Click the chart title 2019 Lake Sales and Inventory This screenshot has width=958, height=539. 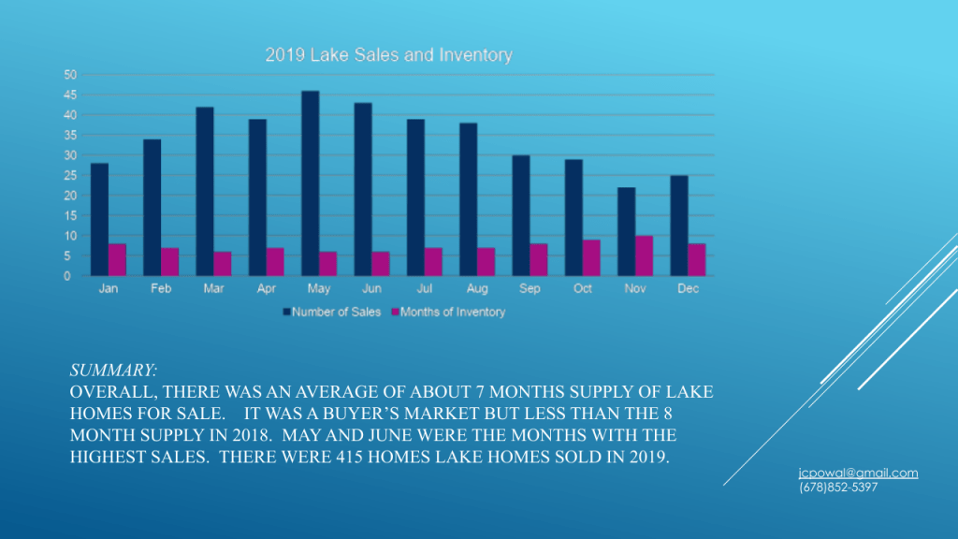[388, 55]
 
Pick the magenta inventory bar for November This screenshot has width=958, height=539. [644, 255]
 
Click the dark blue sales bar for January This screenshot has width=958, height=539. [99, 220]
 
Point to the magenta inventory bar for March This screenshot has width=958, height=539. [223, 264]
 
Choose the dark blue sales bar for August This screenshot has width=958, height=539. [468, 199]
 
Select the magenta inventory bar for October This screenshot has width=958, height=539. [591, 257]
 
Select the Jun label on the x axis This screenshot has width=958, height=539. [370, 289]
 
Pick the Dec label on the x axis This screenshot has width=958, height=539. [688, 289]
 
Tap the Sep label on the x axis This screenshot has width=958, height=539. [530, 289]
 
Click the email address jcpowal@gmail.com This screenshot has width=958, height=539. [858, 473]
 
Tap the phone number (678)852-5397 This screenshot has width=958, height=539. [838, 488]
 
